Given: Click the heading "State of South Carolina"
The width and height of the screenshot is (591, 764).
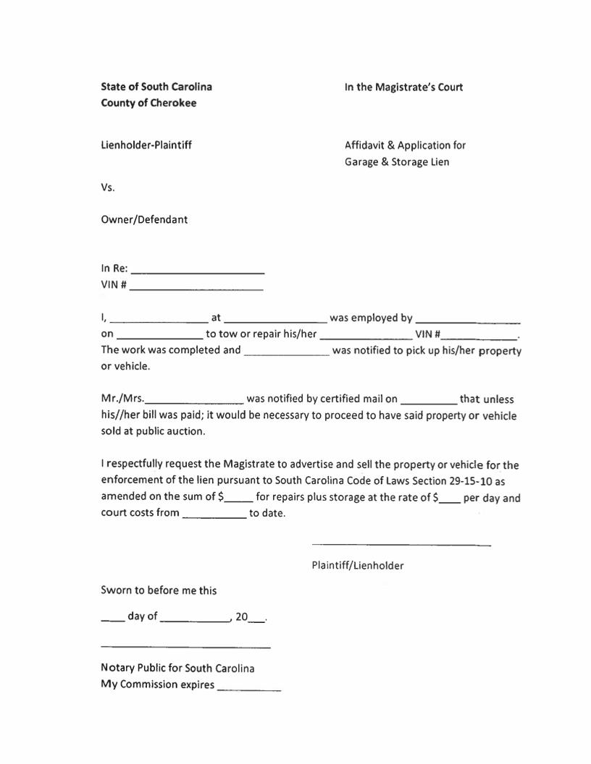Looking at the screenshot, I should pos(156,87).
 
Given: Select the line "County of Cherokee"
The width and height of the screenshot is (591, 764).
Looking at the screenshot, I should pos(148,103).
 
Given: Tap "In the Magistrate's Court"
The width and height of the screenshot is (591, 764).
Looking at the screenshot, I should pos(403,88).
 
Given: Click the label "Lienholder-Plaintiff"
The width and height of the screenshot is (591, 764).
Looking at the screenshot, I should pos(146,145).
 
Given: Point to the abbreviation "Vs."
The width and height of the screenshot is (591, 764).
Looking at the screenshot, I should pos(108,187).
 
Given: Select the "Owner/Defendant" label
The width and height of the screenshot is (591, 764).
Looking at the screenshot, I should pos(144,219).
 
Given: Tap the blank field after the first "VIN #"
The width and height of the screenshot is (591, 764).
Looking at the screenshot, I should pos(196,286).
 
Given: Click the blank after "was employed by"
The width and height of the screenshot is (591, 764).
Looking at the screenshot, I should pos(469,319).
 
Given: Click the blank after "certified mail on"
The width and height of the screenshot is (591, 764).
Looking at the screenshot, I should pos(428,400).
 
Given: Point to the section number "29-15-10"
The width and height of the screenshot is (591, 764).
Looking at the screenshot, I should pos(469,481).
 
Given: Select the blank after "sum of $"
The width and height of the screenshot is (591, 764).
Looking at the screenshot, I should pos(239,498).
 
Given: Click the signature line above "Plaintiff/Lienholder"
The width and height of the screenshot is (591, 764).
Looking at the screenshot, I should pos(401,544).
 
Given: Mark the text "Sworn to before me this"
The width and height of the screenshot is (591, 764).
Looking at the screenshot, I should pos(159,590).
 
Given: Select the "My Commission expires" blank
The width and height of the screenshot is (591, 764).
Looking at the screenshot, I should pos(248,687).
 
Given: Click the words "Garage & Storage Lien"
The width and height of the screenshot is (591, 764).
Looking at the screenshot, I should pos(397,162).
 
